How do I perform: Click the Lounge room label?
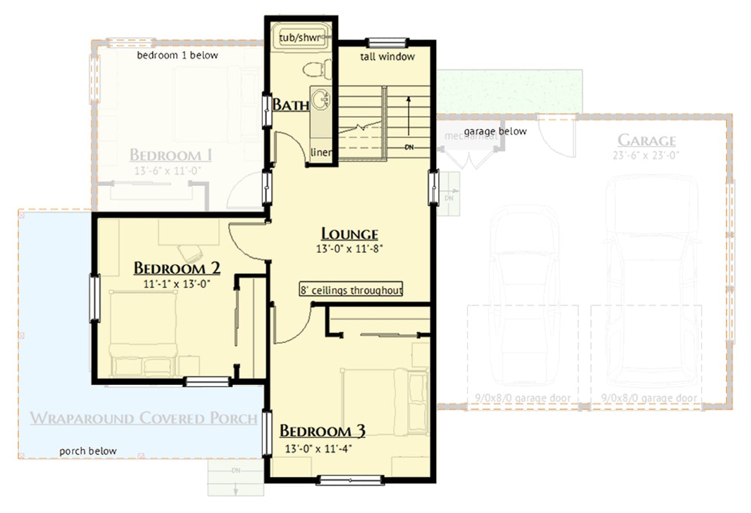point(349,234)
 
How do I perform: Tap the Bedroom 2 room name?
point(177,267)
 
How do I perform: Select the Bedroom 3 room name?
point(322,431)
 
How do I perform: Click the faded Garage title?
point(646,140)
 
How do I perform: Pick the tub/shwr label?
point(300,38)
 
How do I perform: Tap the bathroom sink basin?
point(320,100)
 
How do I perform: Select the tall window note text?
point(387,56)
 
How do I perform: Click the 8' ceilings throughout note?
point(351,290)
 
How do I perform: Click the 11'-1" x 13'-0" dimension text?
point(177,282)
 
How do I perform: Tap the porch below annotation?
point(89,451)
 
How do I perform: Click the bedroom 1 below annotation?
point(178,55)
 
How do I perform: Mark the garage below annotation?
point(495,131)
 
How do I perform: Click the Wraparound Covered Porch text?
point(144,419)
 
